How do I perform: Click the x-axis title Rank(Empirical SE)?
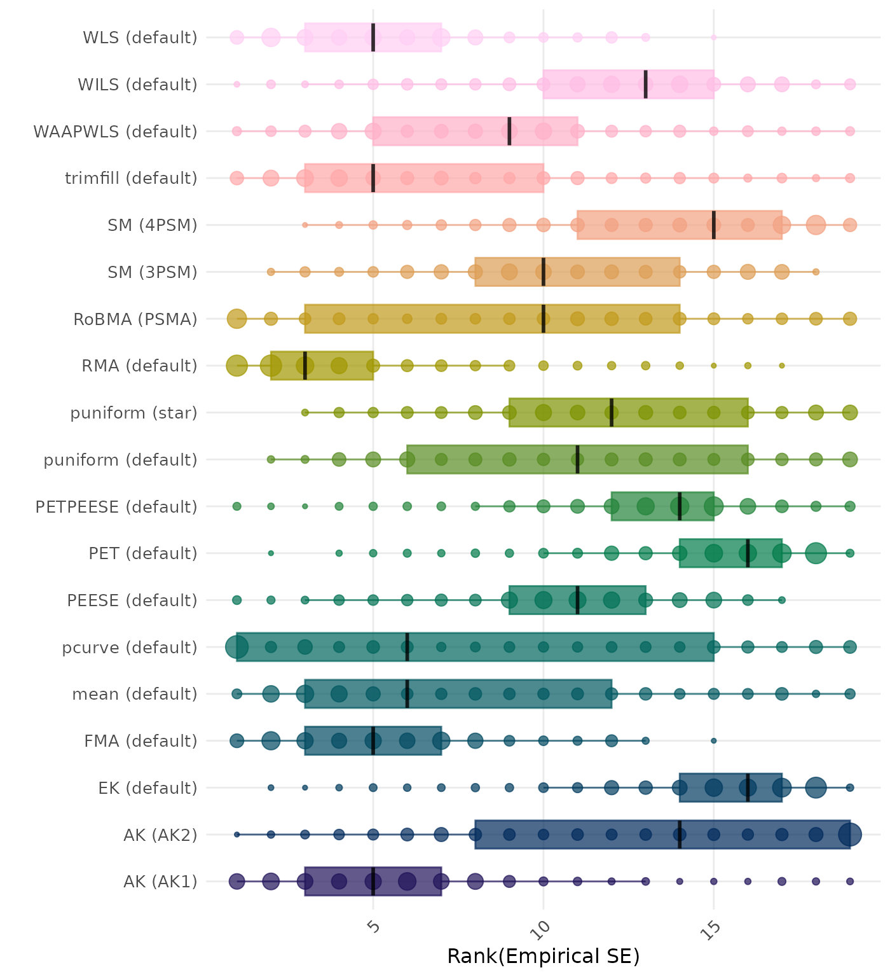[x=543, y=956]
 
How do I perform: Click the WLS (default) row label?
[x=140, y=38]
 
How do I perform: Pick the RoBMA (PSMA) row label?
[x=135, y=319]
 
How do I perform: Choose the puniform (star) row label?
[x=133, y=413]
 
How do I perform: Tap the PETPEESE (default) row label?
[x=116, y=507]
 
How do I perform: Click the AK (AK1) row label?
[x=160, y=882]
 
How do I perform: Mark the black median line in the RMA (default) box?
[x=305, y=366]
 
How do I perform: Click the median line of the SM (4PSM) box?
[x=714, y=225]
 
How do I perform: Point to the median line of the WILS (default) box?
[x=646, y=84]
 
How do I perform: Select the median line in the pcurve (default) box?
[x=407, y=647]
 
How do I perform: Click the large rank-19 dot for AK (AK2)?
[x=850, y=835]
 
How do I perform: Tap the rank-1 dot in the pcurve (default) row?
[x=237, y=648]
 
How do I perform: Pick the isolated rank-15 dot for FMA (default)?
[x=714, y=741]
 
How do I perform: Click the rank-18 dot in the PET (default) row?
[x=816, y=553]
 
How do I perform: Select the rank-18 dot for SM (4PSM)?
[x=816, y=225]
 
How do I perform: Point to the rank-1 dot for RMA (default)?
[x=237, y=366]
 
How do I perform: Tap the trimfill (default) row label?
[x=131, y=178]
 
